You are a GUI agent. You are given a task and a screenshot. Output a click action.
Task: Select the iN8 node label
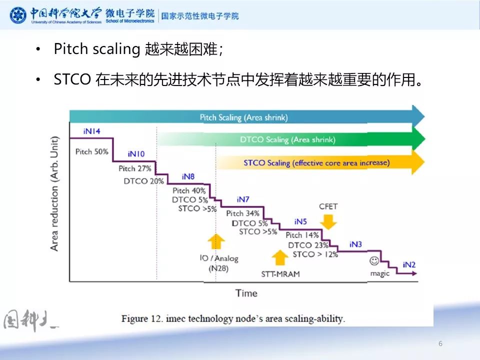[188, 176]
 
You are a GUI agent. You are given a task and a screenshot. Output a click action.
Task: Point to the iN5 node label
[300, 221]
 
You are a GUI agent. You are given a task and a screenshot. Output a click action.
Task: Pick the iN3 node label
[355, 244]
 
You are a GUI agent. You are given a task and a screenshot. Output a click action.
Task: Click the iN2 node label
[409, 264]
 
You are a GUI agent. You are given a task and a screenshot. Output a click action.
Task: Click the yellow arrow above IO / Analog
[216, 241]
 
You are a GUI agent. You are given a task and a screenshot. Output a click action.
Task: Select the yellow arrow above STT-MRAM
[280, 258]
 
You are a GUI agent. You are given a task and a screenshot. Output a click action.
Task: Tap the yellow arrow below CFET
[328, 220]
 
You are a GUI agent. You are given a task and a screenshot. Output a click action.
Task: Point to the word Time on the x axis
[246, 293]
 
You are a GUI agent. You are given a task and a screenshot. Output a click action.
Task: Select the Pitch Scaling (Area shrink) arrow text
[243, 118]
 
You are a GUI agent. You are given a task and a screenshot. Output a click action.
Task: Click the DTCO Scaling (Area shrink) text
[287, 140]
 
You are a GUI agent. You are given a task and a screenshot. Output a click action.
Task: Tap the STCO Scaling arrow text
[316, 162]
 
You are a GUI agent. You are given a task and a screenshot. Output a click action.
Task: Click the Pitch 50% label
[91, 151]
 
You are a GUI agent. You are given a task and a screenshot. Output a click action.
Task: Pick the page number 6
[440, 343]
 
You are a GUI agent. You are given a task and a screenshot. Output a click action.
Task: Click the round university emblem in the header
[19, 15]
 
